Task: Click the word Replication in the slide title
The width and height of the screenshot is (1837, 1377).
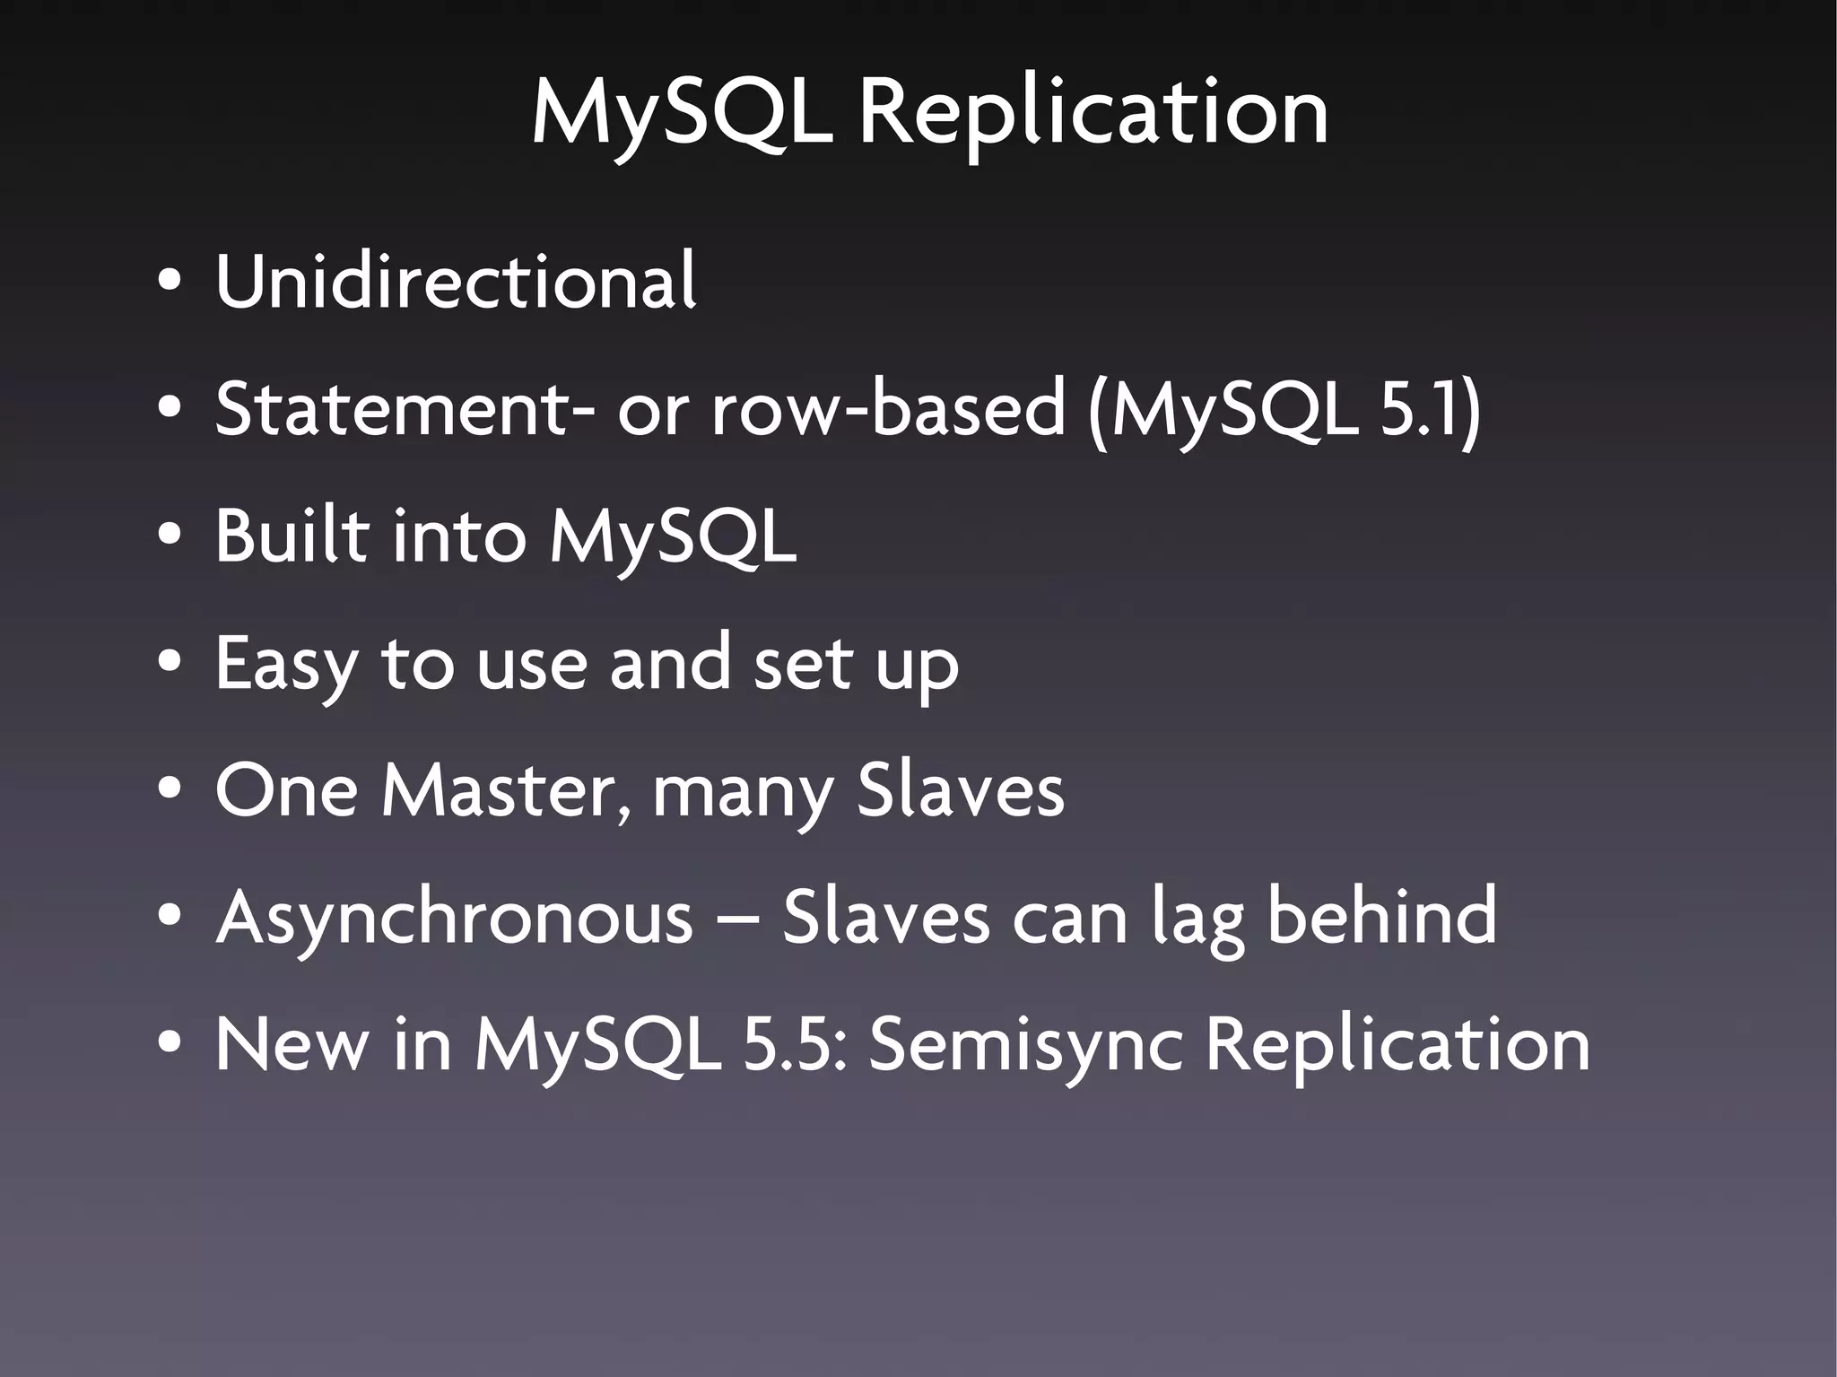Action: tap(1093, 114)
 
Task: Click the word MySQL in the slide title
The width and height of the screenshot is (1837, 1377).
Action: tap(683, 114)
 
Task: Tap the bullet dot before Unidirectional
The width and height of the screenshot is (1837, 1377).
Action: tap(168, 282)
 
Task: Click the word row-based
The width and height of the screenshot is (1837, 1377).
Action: tap(888, 409)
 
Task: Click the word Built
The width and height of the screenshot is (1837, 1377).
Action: tap(292, 536)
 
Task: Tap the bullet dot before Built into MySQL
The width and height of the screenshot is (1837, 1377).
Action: tap(168, 536)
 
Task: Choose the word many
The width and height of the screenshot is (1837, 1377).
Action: tap(743, 795)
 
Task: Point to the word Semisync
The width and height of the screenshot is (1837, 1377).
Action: tap(1025, 1046)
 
